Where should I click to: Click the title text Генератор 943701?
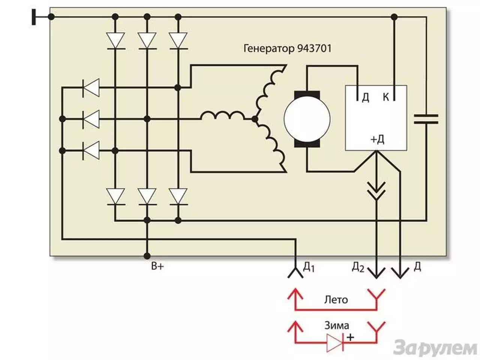tap(288, 49)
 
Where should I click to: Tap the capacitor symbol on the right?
tap(426, 119)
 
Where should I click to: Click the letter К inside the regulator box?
tap(386, 97)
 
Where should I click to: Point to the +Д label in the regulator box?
tap(377, 139)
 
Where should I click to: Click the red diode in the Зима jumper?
tap(334, 342)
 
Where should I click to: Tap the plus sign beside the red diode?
tap(350, 337)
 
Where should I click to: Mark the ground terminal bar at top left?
tap(34, 17)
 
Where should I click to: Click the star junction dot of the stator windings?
tap(255, 120)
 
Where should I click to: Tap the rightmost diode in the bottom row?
tap(178, 196)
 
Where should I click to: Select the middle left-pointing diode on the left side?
tap(91, 119)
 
